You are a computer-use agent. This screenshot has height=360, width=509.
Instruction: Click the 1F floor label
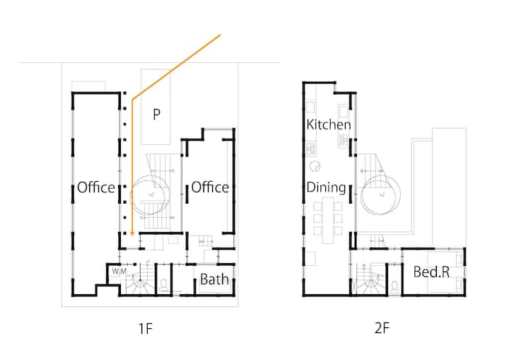[146, 329]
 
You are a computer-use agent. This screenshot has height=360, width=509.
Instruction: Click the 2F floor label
[382, 328]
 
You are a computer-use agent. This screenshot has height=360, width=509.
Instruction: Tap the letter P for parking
[156, 114]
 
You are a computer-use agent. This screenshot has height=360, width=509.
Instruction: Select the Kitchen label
[329, 124]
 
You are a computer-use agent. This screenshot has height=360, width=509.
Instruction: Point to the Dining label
[326, 187]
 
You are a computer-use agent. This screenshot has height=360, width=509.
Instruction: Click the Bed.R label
[431, 272]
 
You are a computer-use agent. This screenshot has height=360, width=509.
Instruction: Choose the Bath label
[214, 279]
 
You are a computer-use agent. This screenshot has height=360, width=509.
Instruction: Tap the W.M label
[119, 271]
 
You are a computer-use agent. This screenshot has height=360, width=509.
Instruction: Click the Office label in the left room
[96, 187]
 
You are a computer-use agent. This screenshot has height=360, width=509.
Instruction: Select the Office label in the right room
[210, 187]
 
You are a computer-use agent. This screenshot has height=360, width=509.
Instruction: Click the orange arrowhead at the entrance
[132, 233]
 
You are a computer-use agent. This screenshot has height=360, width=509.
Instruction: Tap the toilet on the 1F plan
[164, 284]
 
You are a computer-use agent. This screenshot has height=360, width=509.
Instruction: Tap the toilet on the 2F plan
[394, 286]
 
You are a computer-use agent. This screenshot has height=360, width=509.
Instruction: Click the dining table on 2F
[327, 220]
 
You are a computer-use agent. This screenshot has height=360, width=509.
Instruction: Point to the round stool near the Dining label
[315, 166]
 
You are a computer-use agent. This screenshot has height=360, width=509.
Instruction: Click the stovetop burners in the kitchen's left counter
[311, 149]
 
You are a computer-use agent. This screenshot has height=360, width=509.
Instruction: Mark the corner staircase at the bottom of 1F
[139, 279]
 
